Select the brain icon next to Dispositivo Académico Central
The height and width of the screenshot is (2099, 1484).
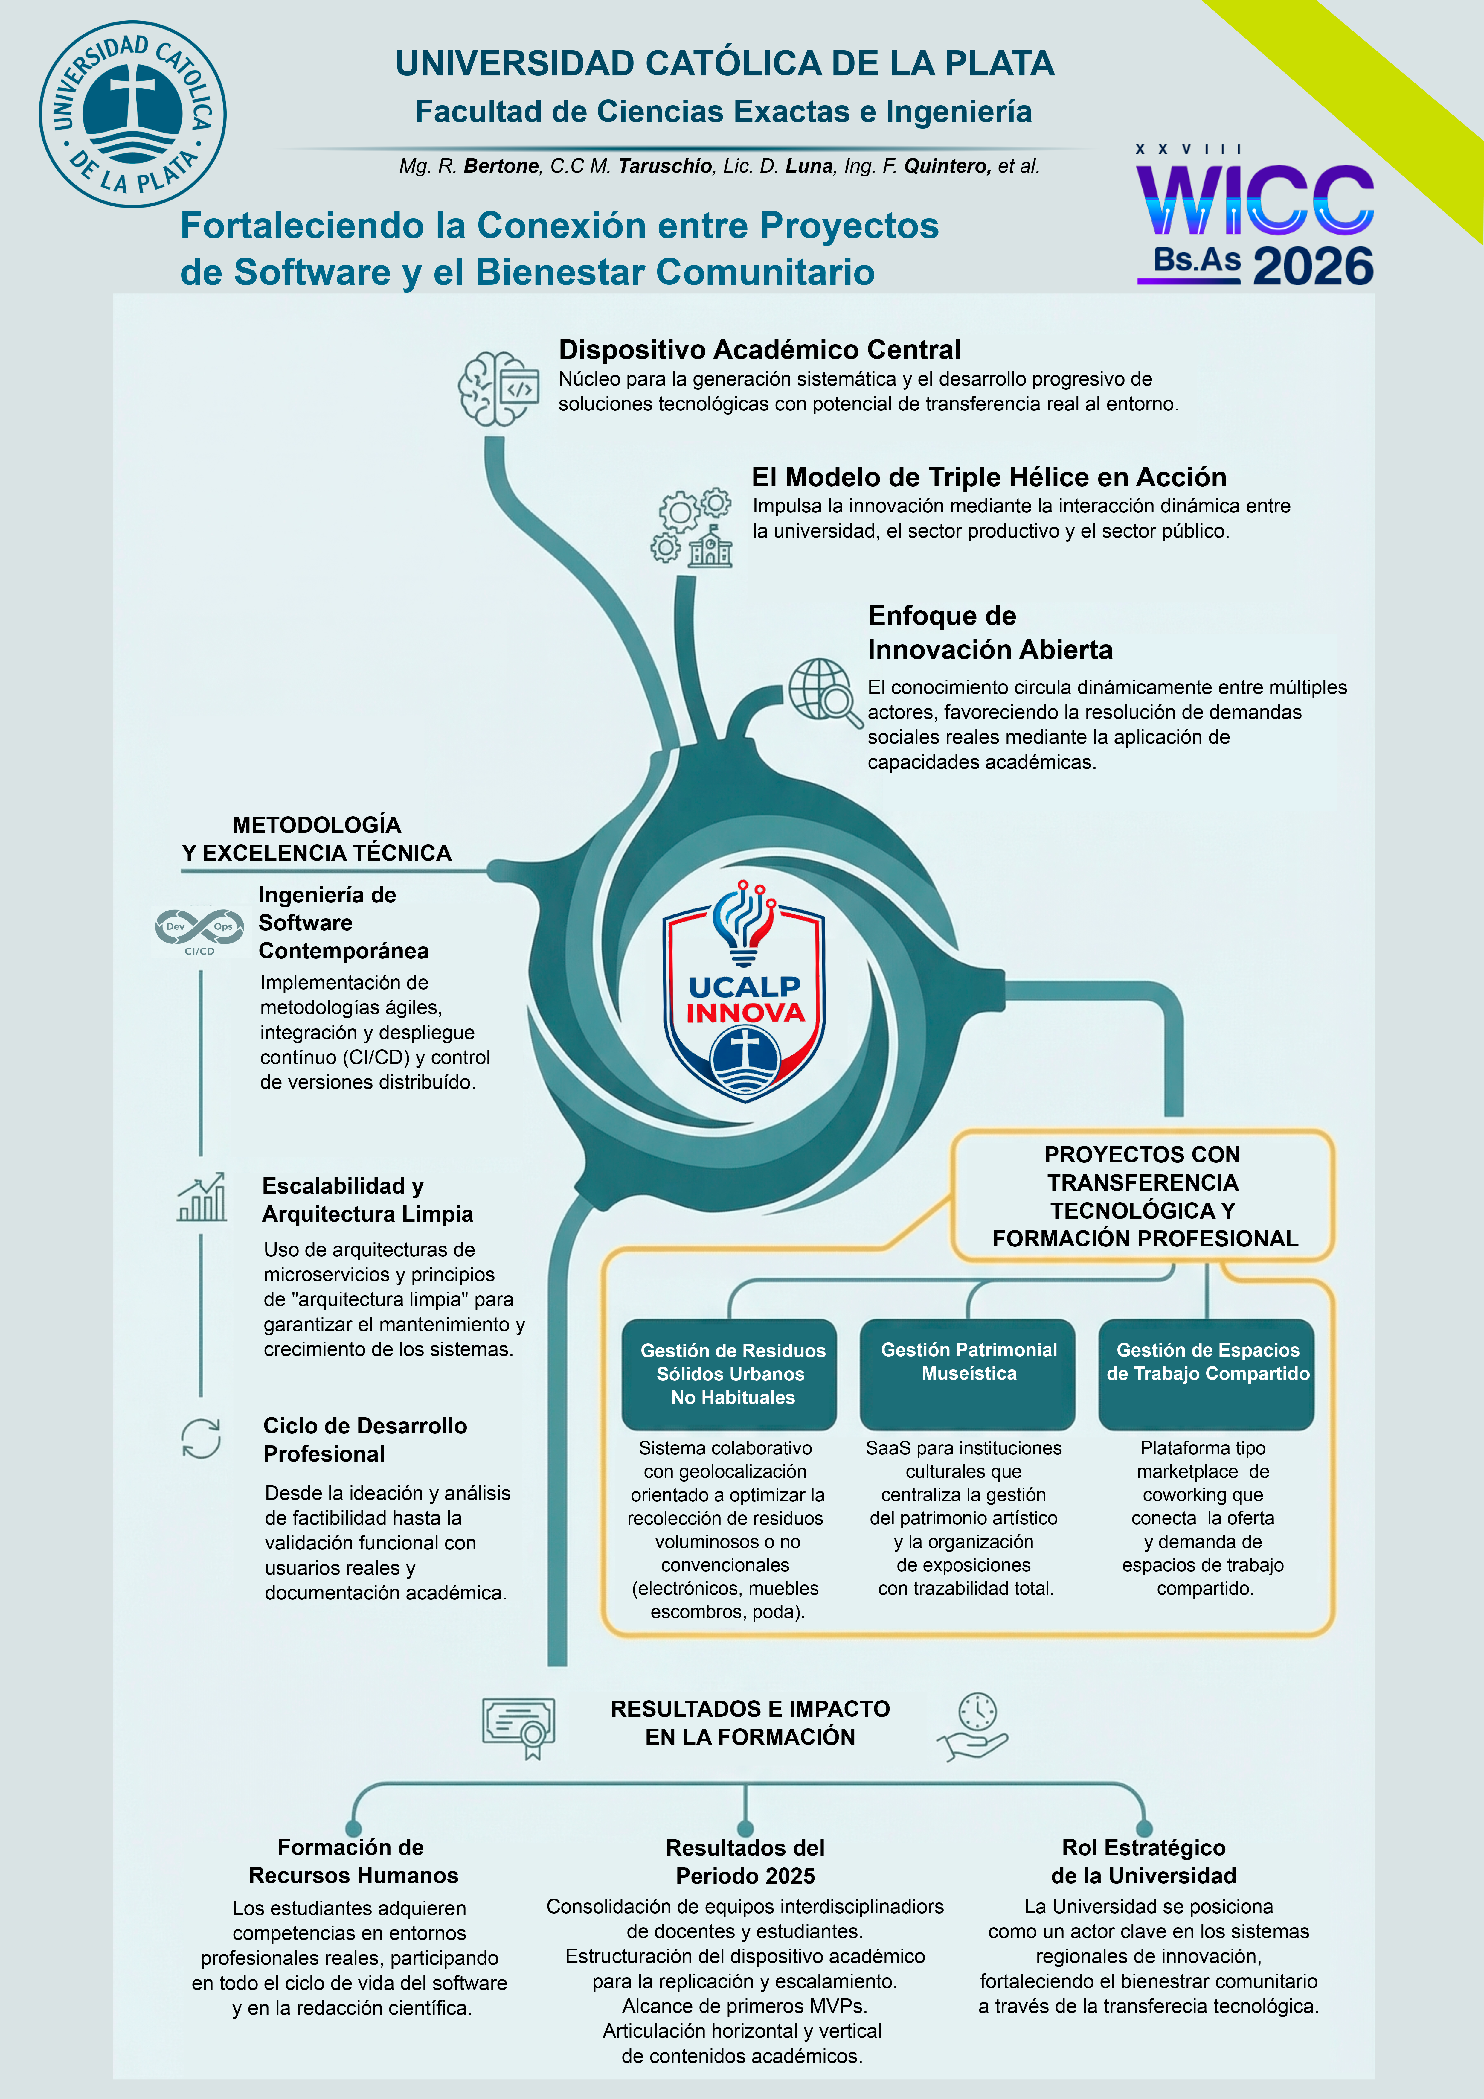tap(498, 389)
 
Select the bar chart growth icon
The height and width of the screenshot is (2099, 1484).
tap(202, 1198)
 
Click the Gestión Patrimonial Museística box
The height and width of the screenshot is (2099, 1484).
tap(968, 1373)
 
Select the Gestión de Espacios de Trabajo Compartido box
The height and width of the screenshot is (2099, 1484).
tap(1206, 1373)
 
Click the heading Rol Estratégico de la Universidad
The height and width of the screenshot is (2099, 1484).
tap(1143, 1861)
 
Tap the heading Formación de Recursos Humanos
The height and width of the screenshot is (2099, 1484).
tap(353, 1861)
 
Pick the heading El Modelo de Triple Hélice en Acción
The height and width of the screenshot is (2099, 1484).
tap(989, 477)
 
